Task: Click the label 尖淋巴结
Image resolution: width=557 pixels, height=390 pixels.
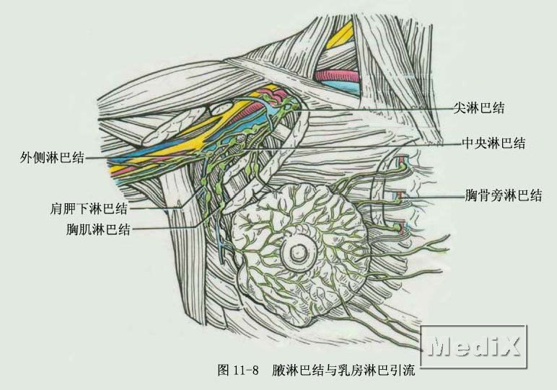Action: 478,109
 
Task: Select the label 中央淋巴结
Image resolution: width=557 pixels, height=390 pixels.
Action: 494,143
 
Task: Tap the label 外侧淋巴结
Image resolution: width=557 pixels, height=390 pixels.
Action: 53,158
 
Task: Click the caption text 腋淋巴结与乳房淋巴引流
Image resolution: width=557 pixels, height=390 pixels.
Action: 344,371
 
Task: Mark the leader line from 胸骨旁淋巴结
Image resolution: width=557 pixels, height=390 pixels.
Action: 433,195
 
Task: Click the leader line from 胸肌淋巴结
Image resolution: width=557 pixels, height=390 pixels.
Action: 166,229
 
